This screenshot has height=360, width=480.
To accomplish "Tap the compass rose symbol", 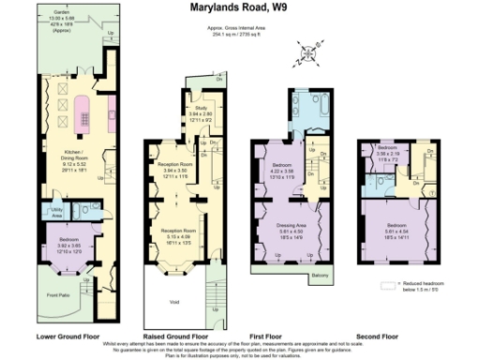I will click(308, 53).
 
